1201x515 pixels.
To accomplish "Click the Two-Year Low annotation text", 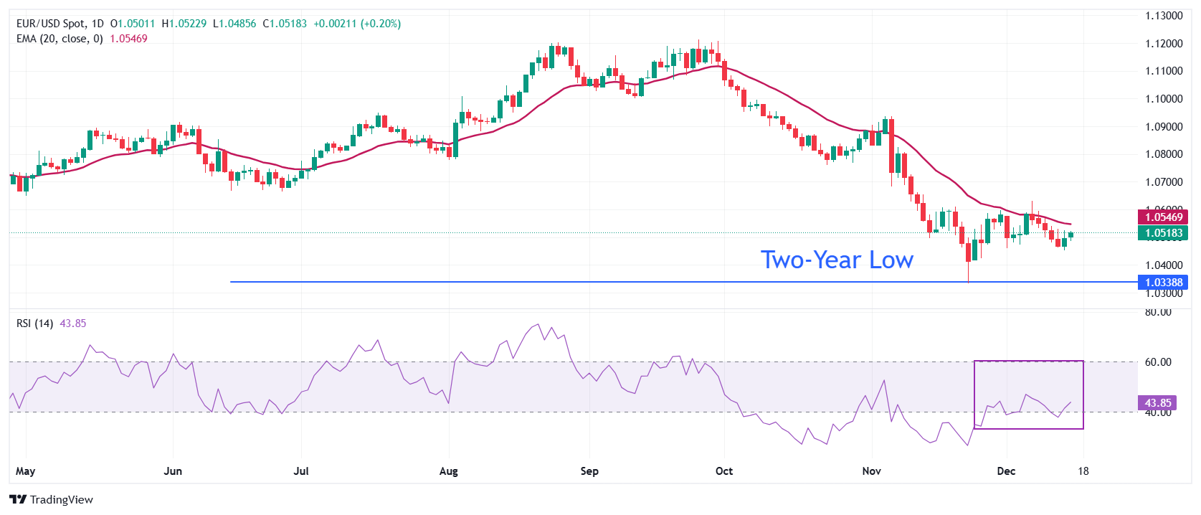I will pyautogui.click(x=837, y=260).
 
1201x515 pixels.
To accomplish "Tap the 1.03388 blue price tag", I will pyautogui.click(x=1163, y=283).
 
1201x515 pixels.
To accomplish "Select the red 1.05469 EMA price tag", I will pyautogui.click(x=1163, y=217).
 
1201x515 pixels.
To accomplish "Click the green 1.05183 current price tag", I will pyautogui.click(x=1163, y=233).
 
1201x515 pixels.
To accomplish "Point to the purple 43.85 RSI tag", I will pyautogui.click(x=1157, y=403).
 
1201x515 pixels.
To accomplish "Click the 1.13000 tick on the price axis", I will pyautogui.click(x=1163, y=16).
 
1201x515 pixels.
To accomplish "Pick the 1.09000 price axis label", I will pyautogui.click(x=1163, y=127).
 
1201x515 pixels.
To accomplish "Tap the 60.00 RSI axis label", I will pyautogui.click(x=1158, y=362).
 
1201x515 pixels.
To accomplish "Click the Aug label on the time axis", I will pyautogui.click(x=448, y=471).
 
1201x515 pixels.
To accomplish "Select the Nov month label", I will pyautogui.click(x=871, y=471).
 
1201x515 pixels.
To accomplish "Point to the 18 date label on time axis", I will pyautogui.click(x=1083, y=471).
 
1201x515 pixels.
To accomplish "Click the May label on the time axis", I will pyautogui.click(x=25, y=471).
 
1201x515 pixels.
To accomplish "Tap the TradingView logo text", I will pyautogui.click(x=52, y=500).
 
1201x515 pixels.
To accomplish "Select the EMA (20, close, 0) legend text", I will pyautogui.click(x=60, y=39).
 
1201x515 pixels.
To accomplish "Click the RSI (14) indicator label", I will pyautogui.click(x=34, y=323).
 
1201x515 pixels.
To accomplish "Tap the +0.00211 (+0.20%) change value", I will pyautogui.click(x=357, y=24).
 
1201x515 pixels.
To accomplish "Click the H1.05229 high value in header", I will pyautogui.click(x=184, y=24).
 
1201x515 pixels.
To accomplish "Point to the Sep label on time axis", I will pyautogui.click(x=589, y=471).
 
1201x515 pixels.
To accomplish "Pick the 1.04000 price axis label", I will pyautogui.click(x=1163, y=265).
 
